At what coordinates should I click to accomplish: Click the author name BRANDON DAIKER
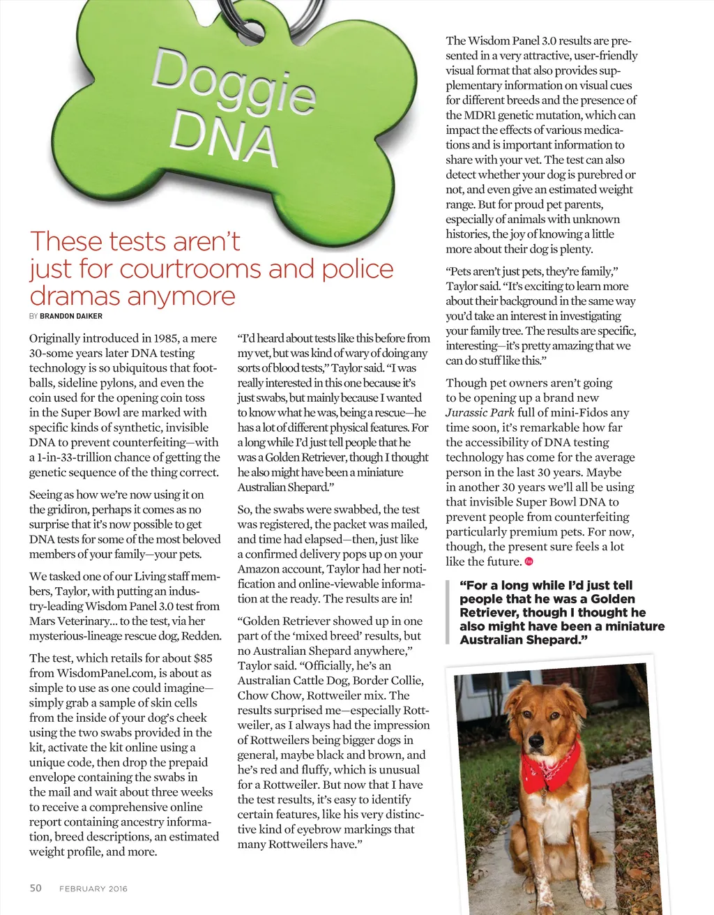click(x=71, y=316)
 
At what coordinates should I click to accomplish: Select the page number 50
click(x=36, y=888)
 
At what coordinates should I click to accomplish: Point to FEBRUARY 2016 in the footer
click(x=93, y=888)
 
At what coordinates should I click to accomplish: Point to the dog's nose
click(x=535, y=741)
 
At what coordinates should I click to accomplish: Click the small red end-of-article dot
click(x=529, y=562)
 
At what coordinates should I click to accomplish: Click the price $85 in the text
click(x=203, y=658)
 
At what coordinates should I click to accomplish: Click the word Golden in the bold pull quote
click(x=616, y=598)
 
